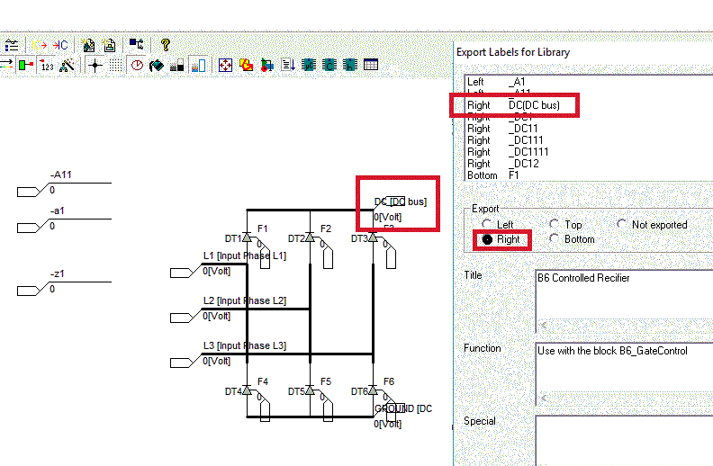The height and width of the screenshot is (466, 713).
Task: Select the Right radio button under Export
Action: (489, 240)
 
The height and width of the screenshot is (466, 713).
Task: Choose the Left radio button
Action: (489, 225)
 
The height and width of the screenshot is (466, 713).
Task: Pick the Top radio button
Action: (556, 225)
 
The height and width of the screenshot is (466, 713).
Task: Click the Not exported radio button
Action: (623, 225)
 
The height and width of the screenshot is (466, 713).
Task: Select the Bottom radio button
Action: (556, 239)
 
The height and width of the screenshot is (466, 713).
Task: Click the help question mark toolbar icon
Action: (165, 44)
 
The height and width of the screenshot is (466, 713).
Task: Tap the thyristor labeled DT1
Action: (247, 237)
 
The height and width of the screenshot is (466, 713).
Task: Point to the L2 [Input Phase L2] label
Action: (244, 300)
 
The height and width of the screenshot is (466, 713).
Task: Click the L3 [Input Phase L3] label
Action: (244, 345)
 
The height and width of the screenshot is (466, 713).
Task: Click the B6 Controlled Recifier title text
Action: (583, 278)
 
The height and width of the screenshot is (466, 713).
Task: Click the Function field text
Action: (612, 351)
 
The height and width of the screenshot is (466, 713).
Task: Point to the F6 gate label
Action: (388, 381)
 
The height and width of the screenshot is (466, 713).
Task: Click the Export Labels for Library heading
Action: (513, 52)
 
